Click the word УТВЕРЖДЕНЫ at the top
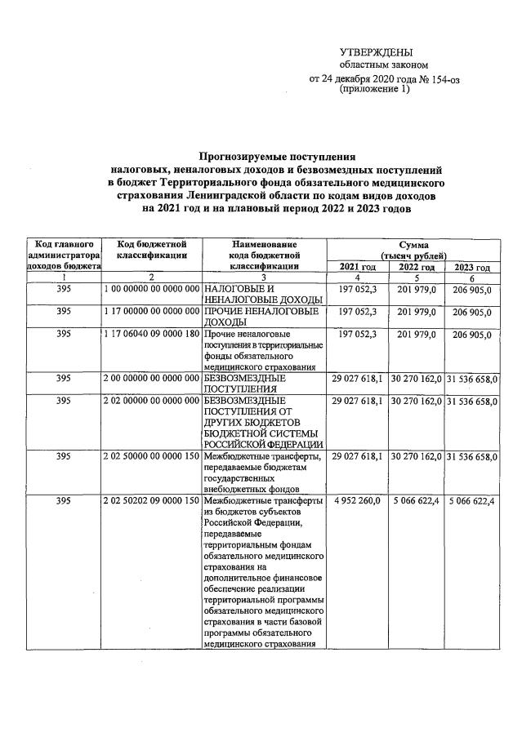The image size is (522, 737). (x=377, y=51)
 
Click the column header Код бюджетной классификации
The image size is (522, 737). (x=153, y=249)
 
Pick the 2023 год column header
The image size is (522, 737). (x=471, y=267)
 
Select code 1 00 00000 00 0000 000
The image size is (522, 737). (x=153, y=290)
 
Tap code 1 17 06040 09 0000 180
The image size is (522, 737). (x=153, y=335)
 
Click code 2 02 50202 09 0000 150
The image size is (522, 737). (x=153, y=500)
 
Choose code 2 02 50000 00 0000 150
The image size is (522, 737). (x=153, y=455)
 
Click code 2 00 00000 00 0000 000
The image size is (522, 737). (x=153, y=379)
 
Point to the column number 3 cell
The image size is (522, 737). (x=264, y=278)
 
